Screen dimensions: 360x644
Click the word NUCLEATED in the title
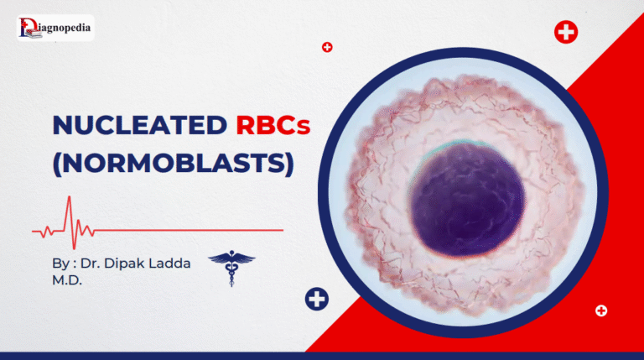[138, 126]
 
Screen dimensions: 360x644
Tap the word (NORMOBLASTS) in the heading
[173, 161]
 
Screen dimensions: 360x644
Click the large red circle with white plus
[566, 33]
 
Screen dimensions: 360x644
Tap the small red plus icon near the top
[327, 47]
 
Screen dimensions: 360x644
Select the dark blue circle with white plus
[317, 299]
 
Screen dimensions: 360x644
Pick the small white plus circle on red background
[600, 310]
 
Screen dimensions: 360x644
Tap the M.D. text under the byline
[68, 280]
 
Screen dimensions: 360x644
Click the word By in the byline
[60, 263]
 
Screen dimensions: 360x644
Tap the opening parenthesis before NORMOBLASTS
[58, 161]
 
